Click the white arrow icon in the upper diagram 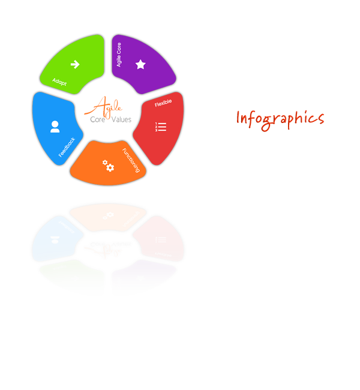click(75, 64)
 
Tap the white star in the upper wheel click(140, 64)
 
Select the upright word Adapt click(59, 81)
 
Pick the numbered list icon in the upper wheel click(160, 126)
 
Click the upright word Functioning click(132, 160)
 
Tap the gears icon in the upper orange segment click(108, 166)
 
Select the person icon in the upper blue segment click(55, 127)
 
